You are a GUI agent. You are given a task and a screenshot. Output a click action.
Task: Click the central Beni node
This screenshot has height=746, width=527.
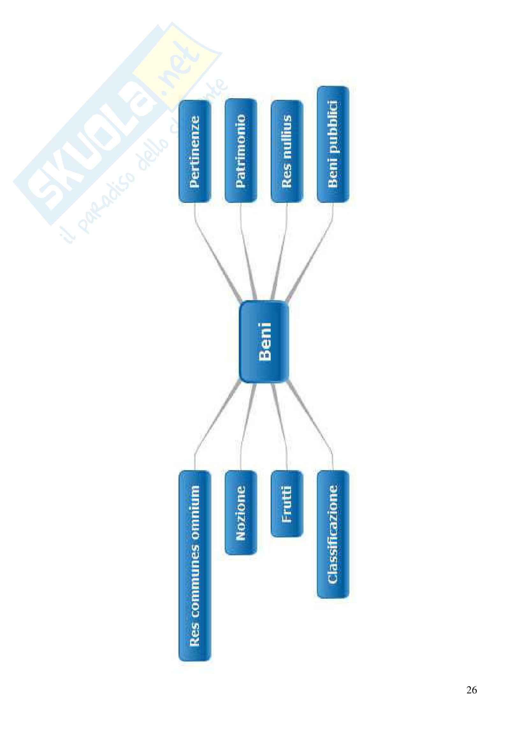click(264, 342)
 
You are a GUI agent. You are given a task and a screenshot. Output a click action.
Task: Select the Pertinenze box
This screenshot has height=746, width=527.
click(194, 152)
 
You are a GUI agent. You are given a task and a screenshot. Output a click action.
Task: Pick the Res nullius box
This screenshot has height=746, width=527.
click(287, 151)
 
